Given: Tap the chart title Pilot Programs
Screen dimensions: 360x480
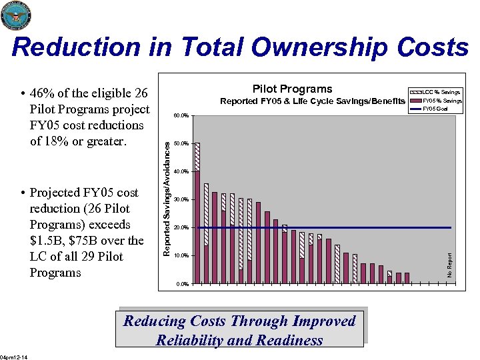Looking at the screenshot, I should (292, 89).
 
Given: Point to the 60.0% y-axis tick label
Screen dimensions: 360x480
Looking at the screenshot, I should (181, 116).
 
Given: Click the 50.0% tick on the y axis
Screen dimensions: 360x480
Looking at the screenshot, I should (181, 144).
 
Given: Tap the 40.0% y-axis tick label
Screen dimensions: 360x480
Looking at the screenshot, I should (181, 172).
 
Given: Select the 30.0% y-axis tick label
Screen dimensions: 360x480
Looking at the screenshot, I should (181, 200).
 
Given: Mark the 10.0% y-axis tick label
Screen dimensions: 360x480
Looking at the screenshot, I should (181, 256).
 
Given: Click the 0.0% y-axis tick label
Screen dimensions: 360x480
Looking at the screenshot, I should (183, 284).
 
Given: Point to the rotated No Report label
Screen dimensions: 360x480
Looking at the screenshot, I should (449, 265).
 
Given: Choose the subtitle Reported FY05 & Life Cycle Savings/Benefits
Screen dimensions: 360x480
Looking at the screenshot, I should (312, 101).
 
